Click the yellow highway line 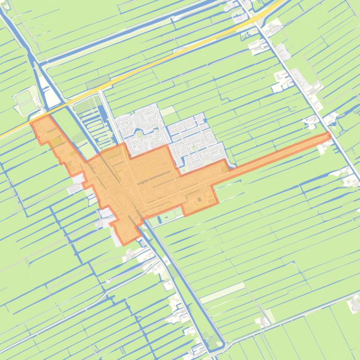[x=154, y=65]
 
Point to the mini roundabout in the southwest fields [x=108, y=281]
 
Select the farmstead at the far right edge [x=354, y=304]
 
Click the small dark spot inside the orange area [x=198, y=200]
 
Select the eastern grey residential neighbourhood [x=196, y=140]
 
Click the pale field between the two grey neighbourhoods [x=167, y=112]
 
